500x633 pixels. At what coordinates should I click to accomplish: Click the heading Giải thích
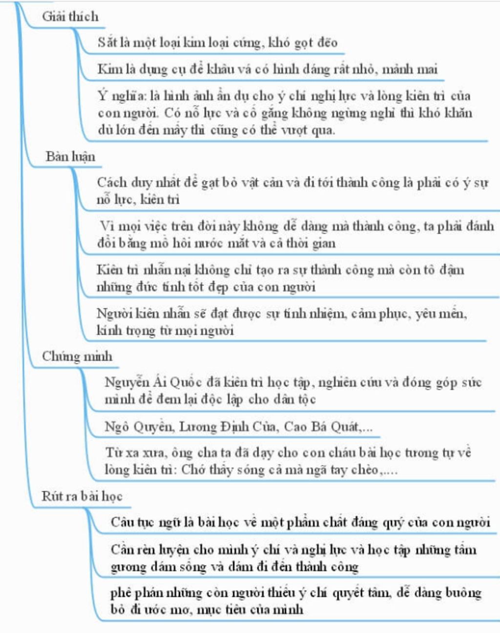(70, 17)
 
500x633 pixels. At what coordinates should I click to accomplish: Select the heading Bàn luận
(70, 156)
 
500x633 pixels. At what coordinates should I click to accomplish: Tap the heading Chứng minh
(77, 356)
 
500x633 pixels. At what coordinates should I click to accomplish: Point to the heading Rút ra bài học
(82, 496)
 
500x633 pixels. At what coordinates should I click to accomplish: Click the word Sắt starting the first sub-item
(107, 42)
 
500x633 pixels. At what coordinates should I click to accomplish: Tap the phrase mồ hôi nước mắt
(205, 243)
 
